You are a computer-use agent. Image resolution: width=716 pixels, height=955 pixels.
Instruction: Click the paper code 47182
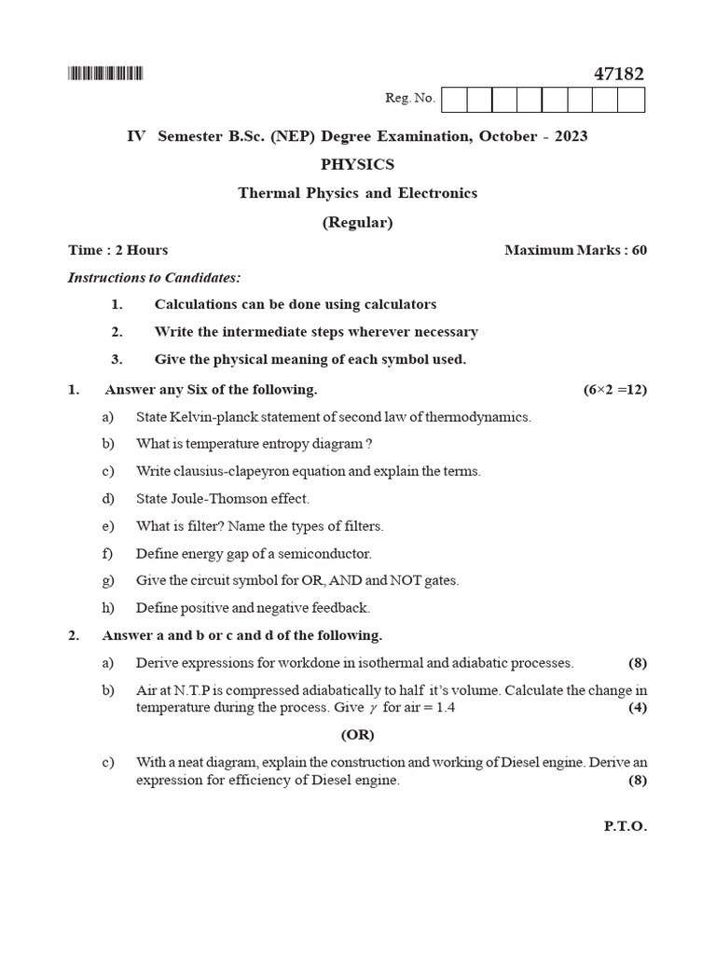(618, 74)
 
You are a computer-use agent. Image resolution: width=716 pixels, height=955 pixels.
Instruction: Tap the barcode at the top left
(105, 74)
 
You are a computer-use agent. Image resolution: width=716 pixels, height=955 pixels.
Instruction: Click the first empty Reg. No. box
(453, 99)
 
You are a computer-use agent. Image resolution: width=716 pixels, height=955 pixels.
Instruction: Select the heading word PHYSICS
(357, 164)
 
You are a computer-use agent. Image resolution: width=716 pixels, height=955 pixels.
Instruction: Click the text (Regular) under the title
(357, 222)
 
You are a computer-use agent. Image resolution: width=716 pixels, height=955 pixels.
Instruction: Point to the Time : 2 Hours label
(118, 250)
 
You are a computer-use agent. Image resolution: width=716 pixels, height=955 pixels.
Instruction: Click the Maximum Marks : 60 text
(575, 250)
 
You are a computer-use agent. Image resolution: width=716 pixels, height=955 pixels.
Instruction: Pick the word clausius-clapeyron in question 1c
(235, 471)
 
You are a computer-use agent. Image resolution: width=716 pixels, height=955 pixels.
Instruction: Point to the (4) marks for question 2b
(638, 708)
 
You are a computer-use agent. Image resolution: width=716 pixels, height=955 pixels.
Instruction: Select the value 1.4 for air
(445, 708)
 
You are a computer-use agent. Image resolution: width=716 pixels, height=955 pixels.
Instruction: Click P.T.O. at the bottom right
(626, 826)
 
